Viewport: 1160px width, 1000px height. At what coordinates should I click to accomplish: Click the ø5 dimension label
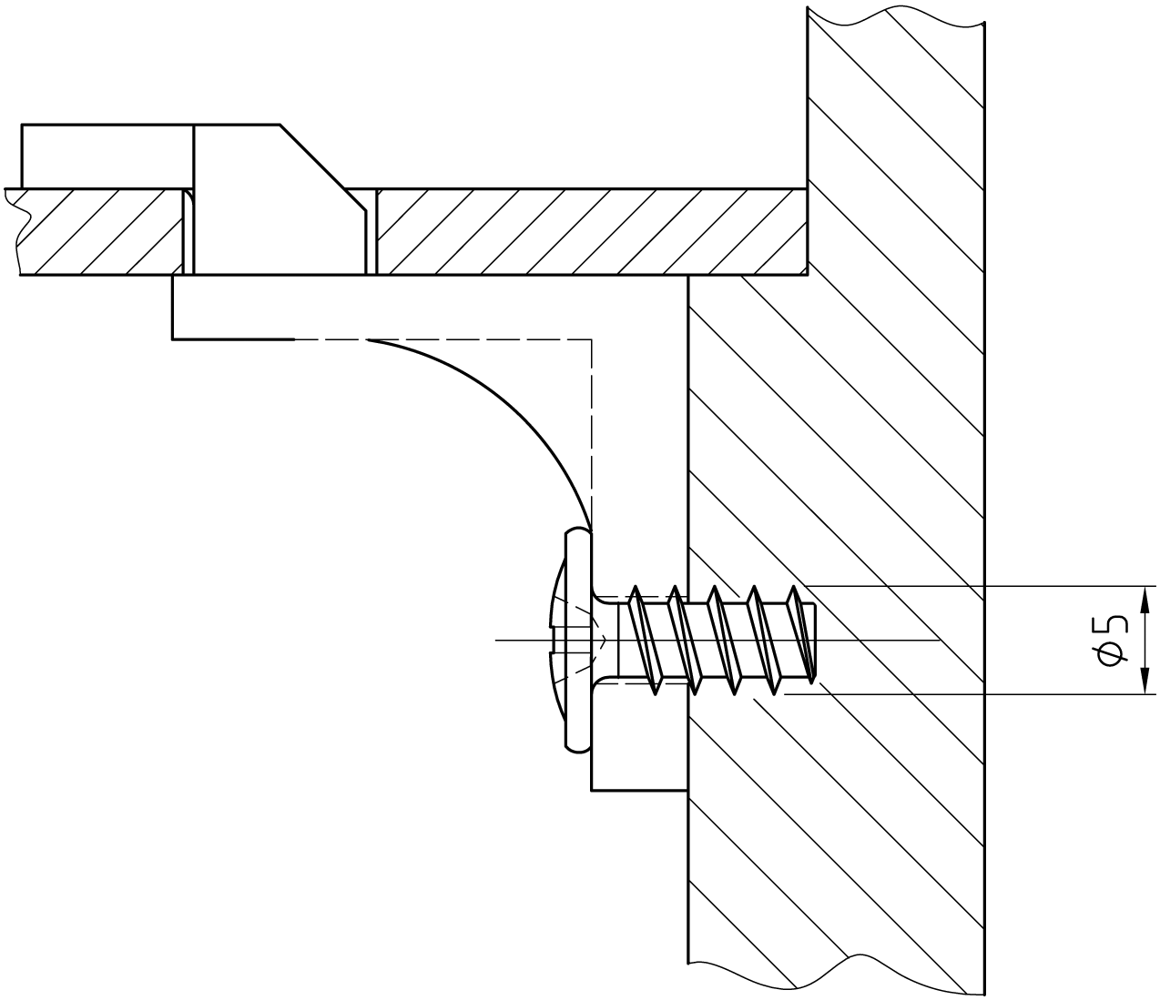tap(1113, 640)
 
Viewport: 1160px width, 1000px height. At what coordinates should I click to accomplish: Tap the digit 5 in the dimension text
tap(1113, 625)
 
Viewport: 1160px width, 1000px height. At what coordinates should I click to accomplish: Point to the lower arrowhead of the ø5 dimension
tap(1144, 685)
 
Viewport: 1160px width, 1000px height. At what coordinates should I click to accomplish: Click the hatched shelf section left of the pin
tap(100, 231)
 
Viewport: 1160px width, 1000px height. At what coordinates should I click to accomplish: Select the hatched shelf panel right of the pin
tap(592, 231)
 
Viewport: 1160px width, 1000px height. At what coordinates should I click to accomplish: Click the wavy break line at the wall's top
tap(897, 14)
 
